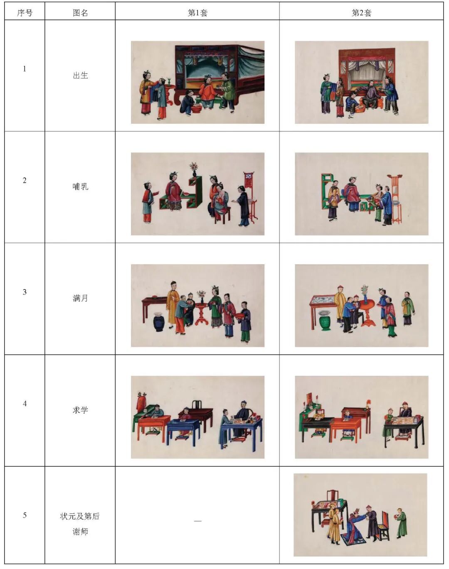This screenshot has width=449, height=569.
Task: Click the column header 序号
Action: coord(25,12)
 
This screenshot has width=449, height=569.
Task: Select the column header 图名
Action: coord(80,12)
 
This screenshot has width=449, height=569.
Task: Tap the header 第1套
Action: coord(197,12)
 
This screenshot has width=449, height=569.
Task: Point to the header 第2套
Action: coord(361,12)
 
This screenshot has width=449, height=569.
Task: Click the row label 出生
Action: coord(80,75)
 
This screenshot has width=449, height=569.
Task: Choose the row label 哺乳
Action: coord(80,187)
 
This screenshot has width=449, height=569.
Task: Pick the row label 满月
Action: coord(80,299)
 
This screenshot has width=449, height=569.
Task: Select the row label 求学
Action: coord(80,410)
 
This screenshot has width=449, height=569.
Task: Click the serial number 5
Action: coord(25,515)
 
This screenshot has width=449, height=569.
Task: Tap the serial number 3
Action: coord(25,292)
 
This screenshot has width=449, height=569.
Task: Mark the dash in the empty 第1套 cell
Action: coord(197,521)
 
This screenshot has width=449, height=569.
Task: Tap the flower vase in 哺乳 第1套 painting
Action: coord(194,169)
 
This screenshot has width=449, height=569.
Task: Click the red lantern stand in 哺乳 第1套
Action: coord(250,196)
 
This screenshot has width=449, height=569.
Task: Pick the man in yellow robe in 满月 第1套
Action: coord(173,304)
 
